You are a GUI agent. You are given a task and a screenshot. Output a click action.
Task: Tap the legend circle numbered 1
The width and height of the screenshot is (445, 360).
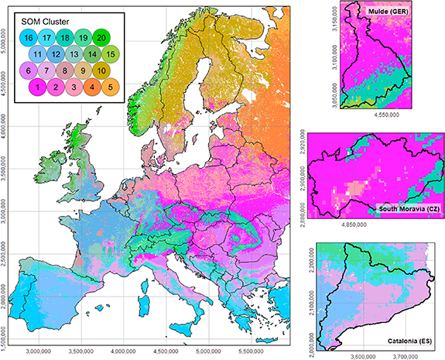(36, 88)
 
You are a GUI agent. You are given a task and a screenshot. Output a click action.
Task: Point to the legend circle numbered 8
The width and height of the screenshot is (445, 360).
(65, 71)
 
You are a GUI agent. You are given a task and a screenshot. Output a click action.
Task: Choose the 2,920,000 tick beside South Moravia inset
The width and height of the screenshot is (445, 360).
(302, 170)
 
